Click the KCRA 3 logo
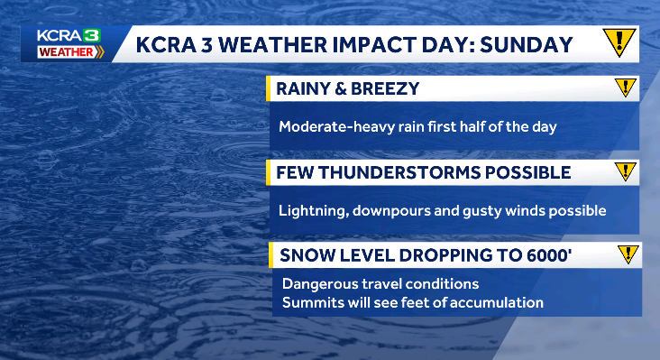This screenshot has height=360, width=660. click(x=69, y=35)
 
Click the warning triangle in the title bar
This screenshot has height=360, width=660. click(x=619, y=42)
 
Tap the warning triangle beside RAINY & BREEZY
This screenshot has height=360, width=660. click(x=625, y=88)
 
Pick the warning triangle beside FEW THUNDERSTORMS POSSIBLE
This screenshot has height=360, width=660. click(x=625, y=171)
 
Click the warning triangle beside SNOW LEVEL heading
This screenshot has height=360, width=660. click(x=628, y=254)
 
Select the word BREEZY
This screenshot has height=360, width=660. click(x=390, y=88)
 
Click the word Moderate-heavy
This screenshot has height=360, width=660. click(x=335, y=126)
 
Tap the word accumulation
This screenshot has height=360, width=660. click(x=498, y=302)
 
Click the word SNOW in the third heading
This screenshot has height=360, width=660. click(x=306, y=255)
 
